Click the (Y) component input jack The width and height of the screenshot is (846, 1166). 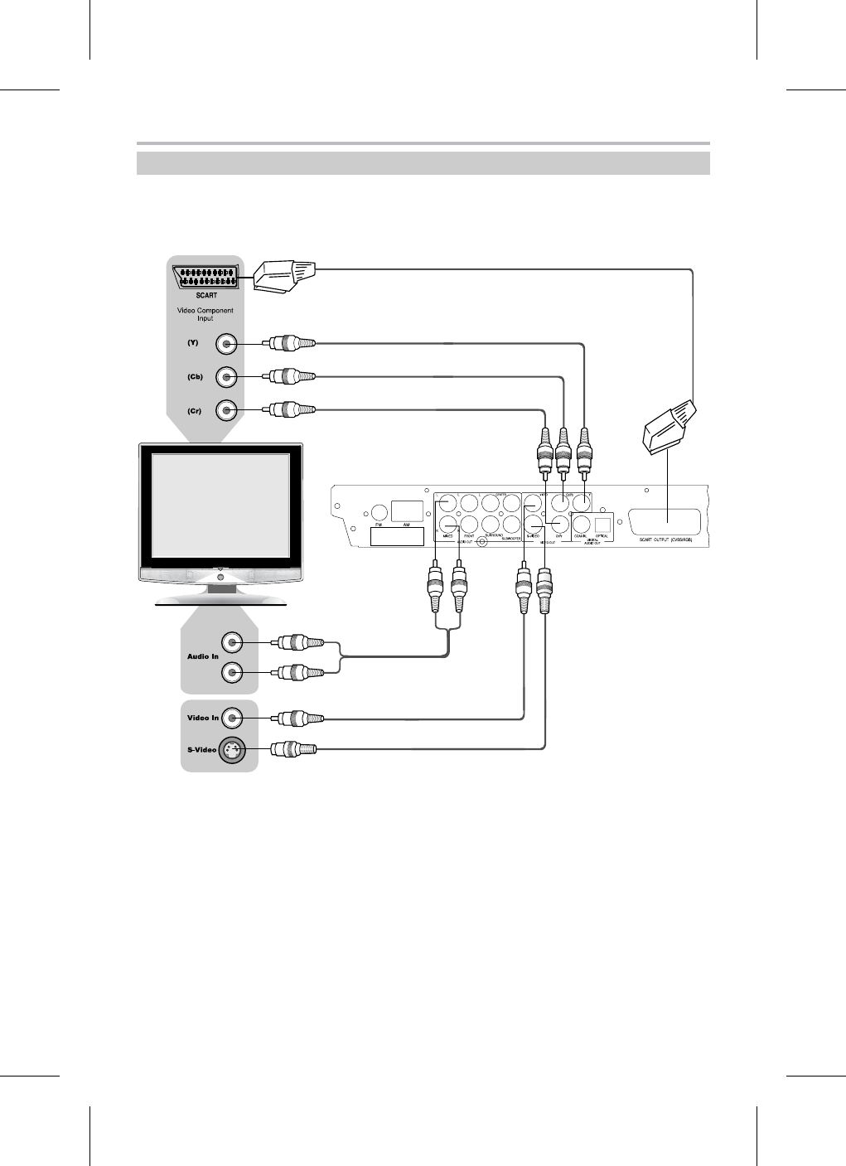tap(226, 344)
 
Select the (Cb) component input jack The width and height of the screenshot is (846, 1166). tap(226, 377)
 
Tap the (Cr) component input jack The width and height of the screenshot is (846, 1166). tap(226, 410)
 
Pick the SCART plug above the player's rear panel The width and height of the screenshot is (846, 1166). tap(670, 427)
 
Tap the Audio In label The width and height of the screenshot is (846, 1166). tap(202, 657)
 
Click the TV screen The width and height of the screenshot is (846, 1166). tap(220, 505)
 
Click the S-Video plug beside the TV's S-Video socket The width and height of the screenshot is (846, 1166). tap(292, 749)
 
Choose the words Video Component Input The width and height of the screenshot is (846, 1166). tap(205, 315)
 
